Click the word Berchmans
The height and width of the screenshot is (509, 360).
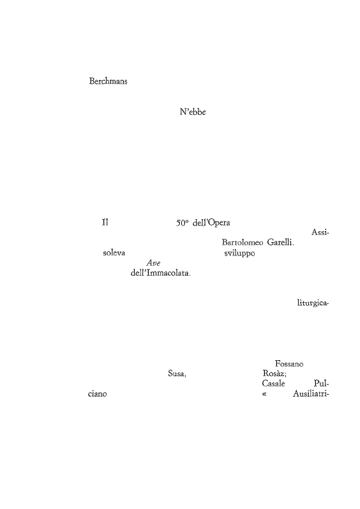tap(108, 81)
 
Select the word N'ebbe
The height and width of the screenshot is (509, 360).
tap(193, 112)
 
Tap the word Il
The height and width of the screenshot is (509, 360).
tap(105, 223)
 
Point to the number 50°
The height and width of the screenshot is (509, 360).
tap(183, 223)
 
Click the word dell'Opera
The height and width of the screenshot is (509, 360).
tap(211, 223)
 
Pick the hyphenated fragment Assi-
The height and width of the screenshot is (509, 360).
tap(320, 232)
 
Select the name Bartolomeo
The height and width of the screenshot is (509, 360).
tap(243, 243)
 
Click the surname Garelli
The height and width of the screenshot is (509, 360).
tap(281, 243)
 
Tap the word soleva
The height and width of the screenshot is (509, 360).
tap(114, 253)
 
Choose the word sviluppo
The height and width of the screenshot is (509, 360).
tap(239, 253)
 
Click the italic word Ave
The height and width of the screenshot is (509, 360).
tap(153, 263)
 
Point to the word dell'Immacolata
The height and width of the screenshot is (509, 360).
tap(161, 273)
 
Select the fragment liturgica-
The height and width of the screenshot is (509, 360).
tap(313, 303)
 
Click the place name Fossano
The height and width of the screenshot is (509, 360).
tap(289, 364)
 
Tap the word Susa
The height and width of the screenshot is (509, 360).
tap(177, 374)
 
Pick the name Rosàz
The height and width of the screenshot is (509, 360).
tap(274, 374)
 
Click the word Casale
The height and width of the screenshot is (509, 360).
tap(273, 384)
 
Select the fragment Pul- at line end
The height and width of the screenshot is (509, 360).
tap(322, 384)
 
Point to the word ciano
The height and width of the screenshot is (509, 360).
tap(97, 394)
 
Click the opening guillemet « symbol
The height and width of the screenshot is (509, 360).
tap(264, 395)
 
